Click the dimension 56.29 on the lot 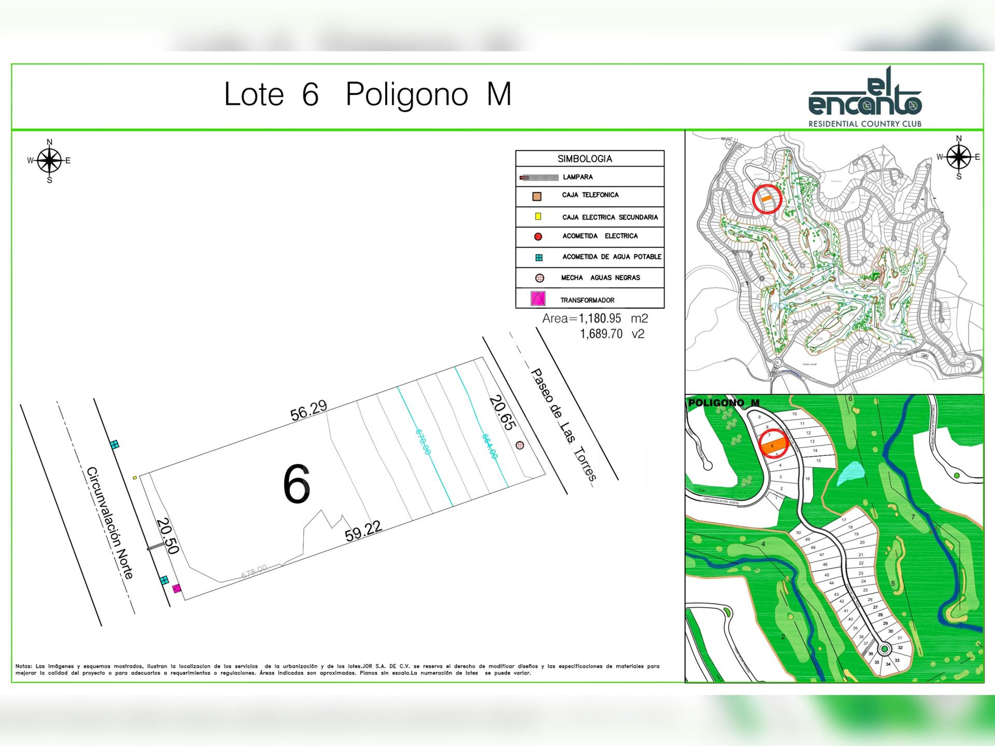[x=309, y=411]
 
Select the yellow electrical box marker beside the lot [x=134, y=477]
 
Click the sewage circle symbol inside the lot [x=520, y=445]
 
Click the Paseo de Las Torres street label [x=564, y=425]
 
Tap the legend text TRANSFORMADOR [x=587, y=300]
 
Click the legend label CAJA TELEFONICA [x=590, y=195]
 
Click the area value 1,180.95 [x=600, y=319]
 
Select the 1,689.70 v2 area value [x=612, y=334]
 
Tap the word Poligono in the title [x=407, y=95]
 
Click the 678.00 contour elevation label [x=254, y=571]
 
